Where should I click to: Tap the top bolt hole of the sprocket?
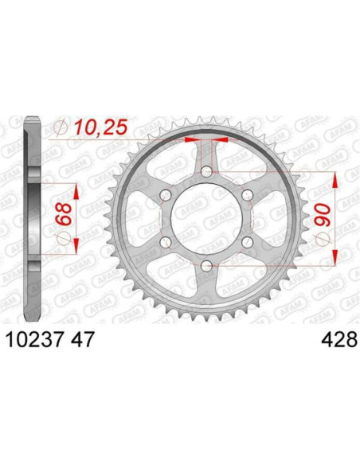tap(206, 172)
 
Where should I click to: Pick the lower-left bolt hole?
tap(166, 241)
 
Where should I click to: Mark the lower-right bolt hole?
tap(246, 241)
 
